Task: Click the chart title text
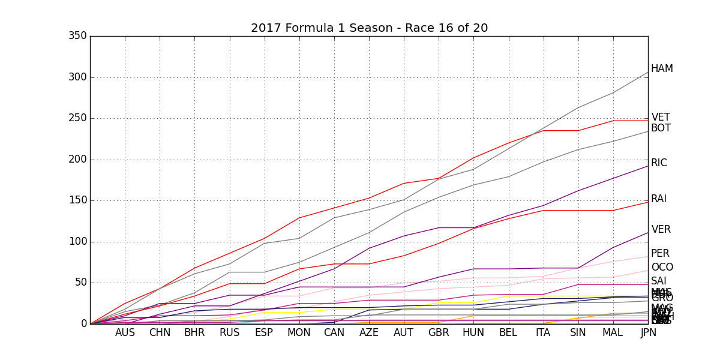[x=369, y=28]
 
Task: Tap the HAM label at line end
[x=662, y=69]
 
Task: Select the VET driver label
[x=661, y=118]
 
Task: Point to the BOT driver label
[x=661, y=128]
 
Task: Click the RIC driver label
[x=659, y=163]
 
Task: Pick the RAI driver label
[x=659, y=199]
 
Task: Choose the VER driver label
[x=661, y=230]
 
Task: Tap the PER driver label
[x=660, y=254]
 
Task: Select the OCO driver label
[x=662, y=268]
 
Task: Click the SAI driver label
[x=659, y=281]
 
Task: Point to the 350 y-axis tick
[x=77, y=36]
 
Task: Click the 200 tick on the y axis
[x=77, y=160]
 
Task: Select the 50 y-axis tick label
[x=80, y=283]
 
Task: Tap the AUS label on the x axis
[x=125, y=333]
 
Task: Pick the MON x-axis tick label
[x=299, y=333]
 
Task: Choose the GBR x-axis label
[x=439, y=333]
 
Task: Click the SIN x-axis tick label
[x=578, y=333]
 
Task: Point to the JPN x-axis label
[x=648, y=333]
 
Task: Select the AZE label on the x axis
[x=369, y=333]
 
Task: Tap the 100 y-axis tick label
[x=77, y=242]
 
